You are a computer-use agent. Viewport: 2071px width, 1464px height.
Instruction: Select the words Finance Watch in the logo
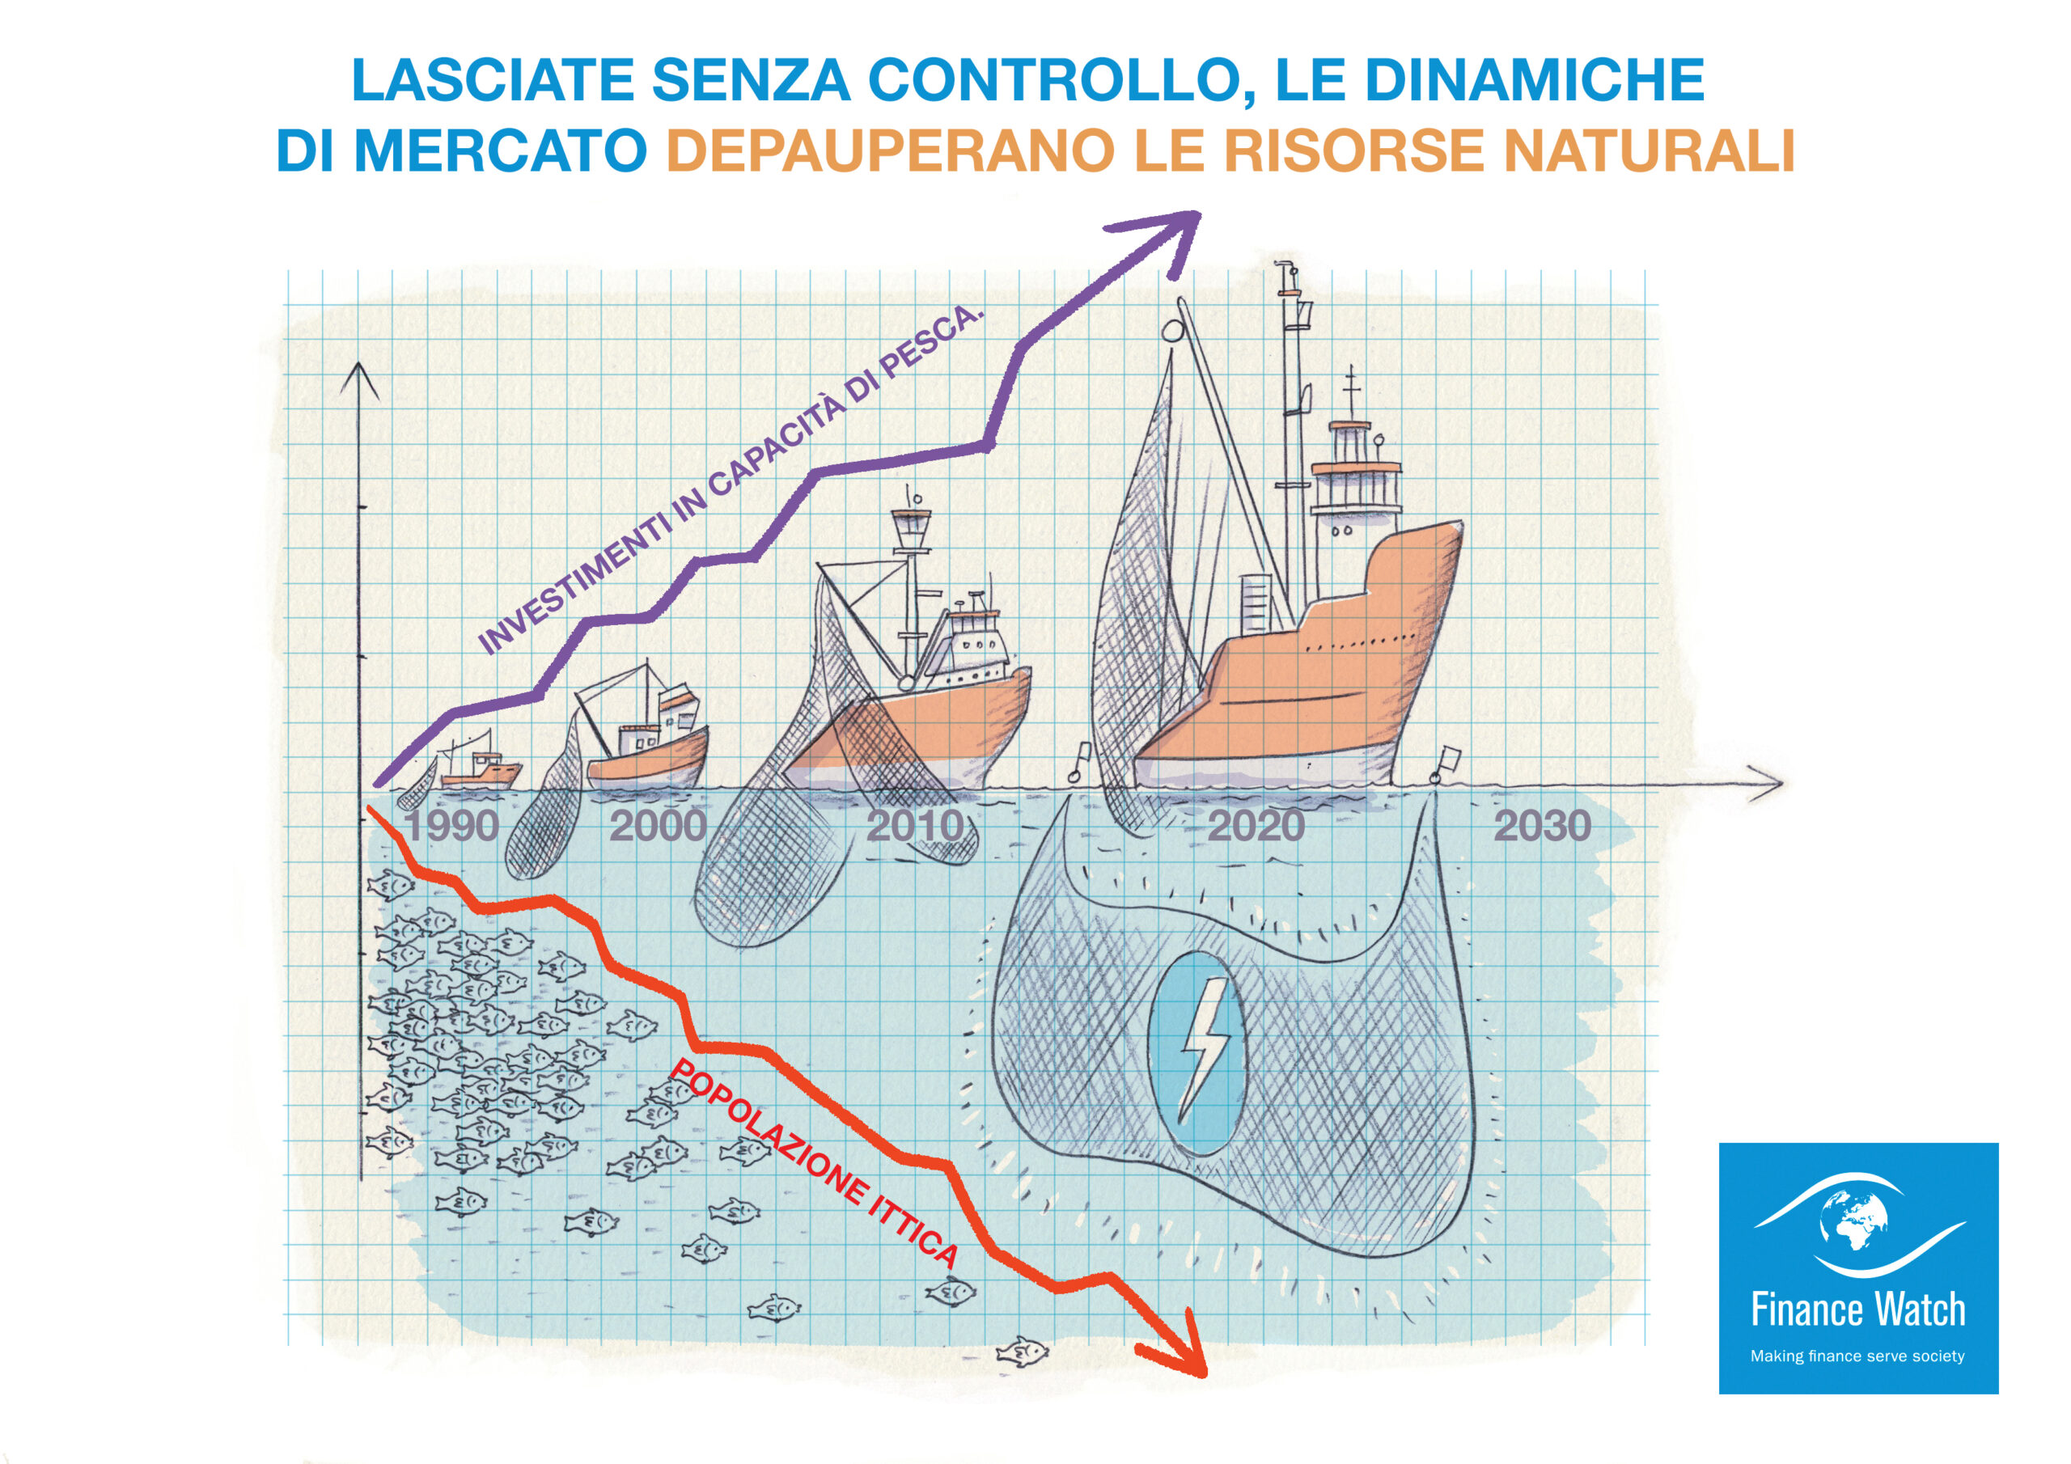click(x=1857, y=1310)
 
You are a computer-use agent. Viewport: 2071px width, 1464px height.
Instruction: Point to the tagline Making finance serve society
click(x=1857, y=1356)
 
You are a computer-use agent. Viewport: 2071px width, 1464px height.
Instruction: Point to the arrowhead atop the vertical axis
click(x=360, y=379)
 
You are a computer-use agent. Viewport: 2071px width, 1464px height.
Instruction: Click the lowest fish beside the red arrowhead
click(x=1022, y=1352)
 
